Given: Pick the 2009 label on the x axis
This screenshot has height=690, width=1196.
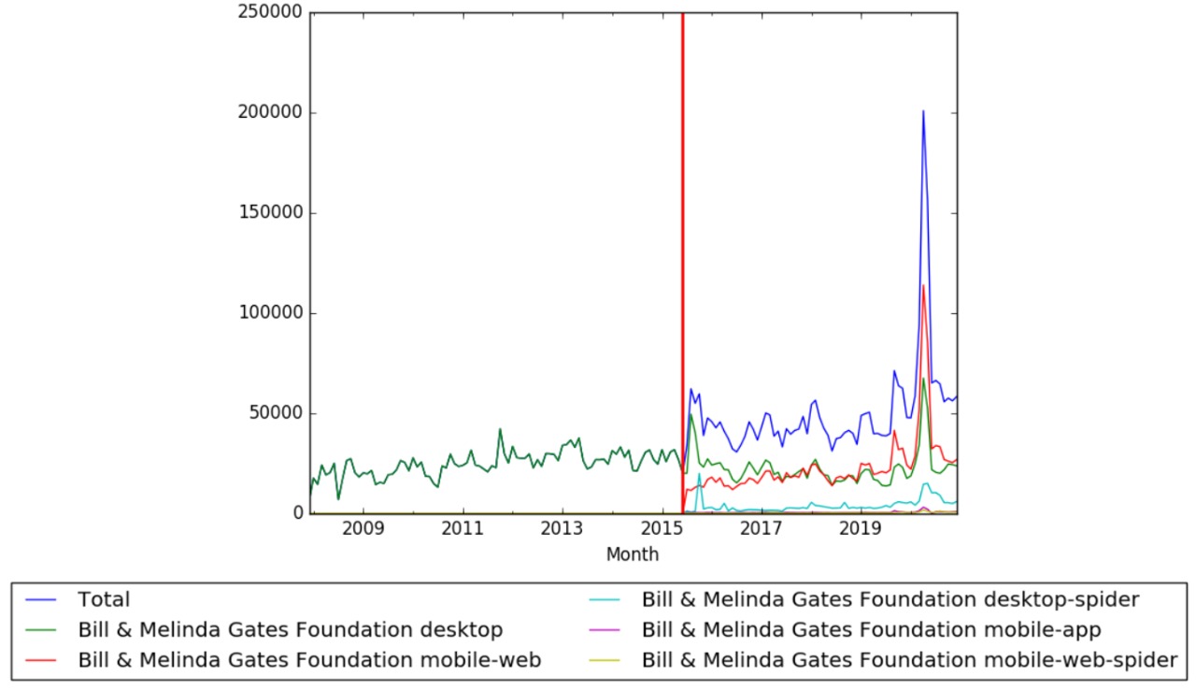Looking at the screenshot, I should (x=363, y=529).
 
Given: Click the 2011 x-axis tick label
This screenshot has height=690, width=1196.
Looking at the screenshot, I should (x=463, y=529).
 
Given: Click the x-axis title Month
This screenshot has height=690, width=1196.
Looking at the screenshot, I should (x=633, y=554).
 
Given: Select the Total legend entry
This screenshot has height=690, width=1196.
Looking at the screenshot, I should (x=104, y=600).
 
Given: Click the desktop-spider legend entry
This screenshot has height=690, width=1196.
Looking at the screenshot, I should (x=890, y=598).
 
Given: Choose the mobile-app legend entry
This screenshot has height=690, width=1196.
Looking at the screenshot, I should (x=872, y=629).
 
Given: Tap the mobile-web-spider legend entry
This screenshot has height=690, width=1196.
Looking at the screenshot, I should (x=909, y=660).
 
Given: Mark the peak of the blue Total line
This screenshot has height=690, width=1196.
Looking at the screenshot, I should (x=923, y=111).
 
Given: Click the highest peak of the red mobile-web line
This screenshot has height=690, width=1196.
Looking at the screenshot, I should (x=923, y=286).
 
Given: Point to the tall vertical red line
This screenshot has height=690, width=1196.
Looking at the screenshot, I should (x=683, y=262).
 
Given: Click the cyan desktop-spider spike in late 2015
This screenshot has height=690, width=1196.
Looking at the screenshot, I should (x=699, y=473).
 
